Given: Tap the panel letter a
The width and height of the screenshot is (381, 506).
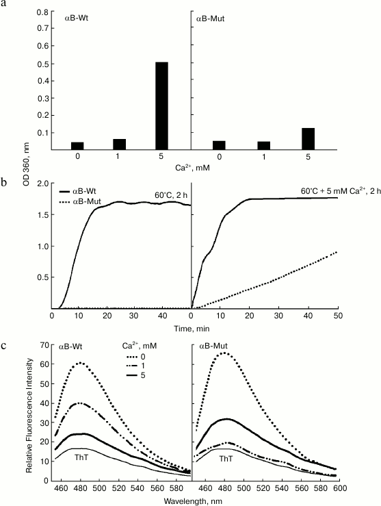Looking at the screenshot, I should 5,5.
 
